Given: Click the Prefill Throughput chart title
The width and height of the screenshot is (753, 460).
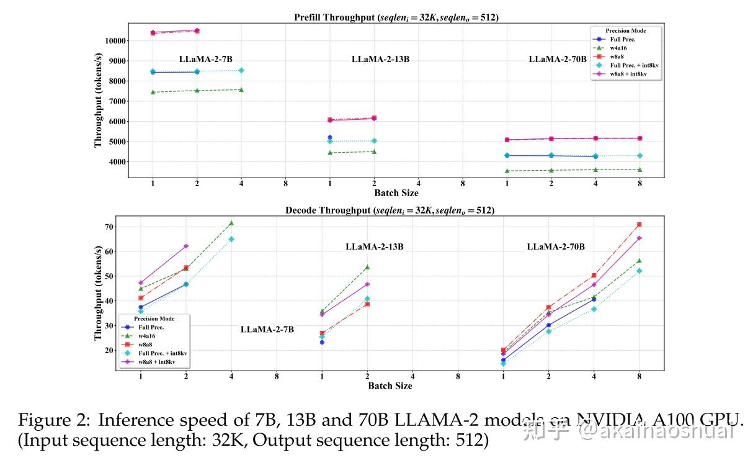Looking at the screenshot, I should pyautogui.click(x=396, y=17).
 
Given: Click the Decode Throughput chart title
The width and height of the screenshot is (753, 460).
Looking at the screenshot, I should pyautogui.click(x=390, y=210).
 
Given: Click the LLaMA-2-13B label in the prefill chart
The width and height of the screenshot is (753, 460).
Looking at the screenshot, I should pyautogui.click(x=380, y=60).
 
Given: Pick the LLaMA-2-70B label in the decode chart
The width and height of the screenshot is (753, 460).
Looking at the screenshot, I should pyautogui.click(x=556, y=247).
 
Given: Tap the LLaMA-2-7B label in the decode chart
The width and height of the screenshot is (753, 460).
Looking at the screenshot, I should pyautogui.click(x=267, y=330).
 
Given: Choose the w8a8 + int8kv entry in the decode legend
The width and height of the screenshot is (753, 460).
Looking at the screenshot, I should pyautogui.click(x=155, y=361).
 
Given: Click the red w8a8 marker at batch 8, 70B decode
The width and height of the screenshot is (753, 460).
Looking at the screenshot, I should pyautogui.click(x=639, y=225).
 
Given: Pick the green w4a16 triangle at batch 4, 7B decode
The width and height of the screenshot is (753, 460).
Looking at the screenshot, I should pyautogui.click(x=231, y=223).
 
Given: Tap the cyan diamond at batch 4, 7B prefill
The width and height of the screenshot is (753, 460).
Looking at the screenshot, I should pyautogui.click(x=241, y=70).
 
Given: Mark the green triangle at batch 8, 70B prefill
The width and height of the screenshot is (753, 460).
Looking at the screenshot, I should pyautogui.click(x=639, y=169).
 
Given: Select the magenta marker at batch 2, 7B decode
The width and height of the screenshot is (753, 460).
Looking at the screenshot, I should pyautogui.click(x=186, y=246).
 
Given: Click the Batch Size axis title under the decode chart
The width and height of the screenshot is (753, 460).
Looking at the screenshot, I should pyautogui.click(x=390, y=386).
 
